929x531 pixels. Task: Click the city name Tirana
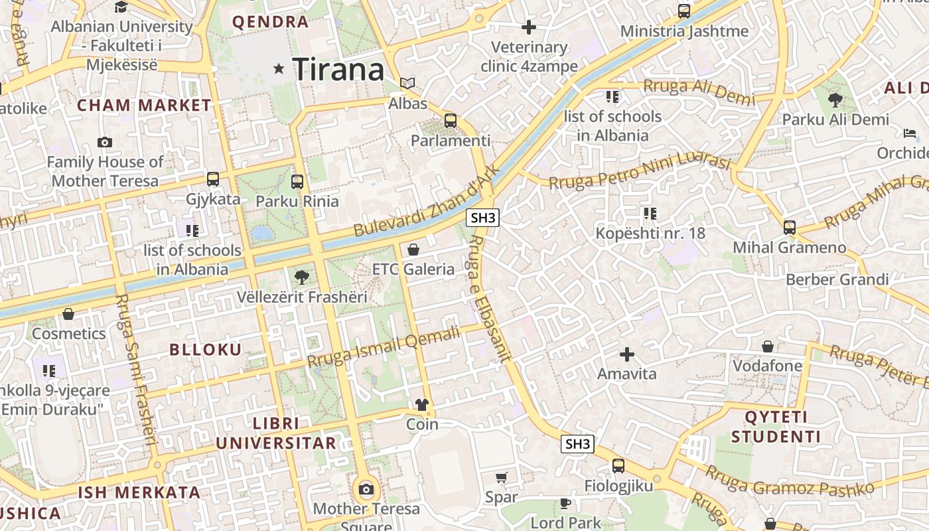click(338, 69)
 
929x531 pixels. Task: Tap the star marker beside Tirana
click(279, 68)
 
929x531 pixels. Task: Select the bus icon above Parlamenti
click(451, 121)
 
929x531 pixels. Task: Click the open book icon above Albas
click(407, 84)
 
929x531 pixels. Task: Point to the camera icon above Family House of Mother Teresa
click(104, 142)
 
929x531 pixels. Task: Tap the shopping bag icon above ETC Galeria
click(413, 250)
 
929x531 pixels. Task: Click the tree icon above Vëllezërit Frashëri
click(302, 276)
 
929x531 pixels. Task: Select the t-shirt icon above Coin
click(422, 404)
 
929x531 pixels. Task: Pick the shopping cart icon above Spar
click(502, 477)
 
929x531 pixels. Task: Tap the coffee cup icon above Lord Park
click(565, 503)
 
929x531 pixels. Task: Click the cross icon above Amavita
click(626, 354)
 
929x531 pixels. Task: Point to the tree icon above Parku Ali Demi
click(835, 100)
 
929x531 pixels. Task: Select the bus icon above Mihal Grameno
click(789, 228)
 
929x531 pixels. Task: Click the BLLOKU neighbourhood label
click(206, 350)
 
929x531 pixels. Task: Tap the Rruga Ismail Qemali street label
click(384, 347)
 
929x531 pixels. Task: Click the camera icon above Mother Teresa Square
click(366, 490)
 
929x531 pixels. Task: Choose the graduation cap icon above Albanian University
click(121, 7)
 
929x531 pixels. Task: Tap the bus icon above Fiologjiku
click(618, 466)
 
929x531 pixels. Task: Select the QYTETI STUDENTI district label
click(776, 427)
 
